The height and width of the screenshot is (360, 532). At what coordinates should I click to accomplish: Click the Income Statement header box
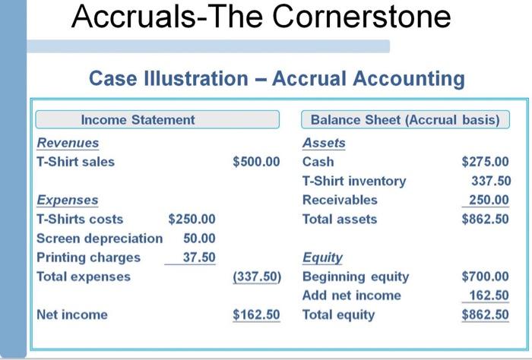click(x=158, y=120)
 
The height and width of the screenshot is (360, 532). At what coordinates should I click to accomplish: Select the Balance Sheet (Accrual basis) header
click(x=405, y=120)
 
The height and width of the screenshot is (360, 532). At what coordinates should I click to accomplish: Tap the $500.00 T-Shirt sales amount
click(x=256, y=162)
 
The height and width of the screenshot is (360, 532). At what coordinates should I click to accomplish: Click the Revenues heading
click(x=68, y=143)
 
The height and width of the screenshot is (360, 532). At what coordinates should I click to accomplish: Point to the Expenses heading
click(x=68, y=201)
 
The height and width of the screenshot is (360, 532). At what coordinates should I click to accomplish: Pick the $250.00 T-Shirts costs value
click(x=192, y=219)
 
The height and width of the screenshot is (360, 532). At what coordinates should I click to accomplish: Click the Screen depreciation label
click(x=100, y=238)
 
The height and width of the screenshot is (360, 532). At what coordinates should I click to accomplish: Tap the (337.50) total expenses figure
click(x=256, y=277)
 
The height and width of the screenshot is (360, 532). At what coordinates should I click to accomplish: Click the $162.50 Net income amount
click(x=256, y=314)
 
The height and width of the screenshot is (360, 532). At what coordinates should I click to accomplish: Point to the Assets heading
click(x=324, y=143)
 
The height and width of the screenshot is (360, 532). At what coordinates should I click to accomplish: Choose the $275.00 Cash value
click(x=486, y=162)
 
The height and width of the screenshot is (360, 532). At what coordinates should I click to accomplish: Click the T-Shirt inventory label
click(x=354, y=181)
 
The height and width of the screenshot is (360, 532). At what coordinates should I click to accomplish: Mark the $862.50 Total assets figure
click(x=486, y=219)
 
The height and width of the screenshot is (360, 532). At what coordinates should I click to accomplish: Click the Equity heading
click(x=322, y=258)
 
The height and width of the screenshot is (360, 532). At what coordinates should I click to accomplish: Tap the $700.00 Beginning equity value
click(x=486, y=276)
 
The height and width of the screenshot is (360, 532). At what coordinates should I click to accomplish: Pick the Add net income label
click(x=351, y=295)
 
